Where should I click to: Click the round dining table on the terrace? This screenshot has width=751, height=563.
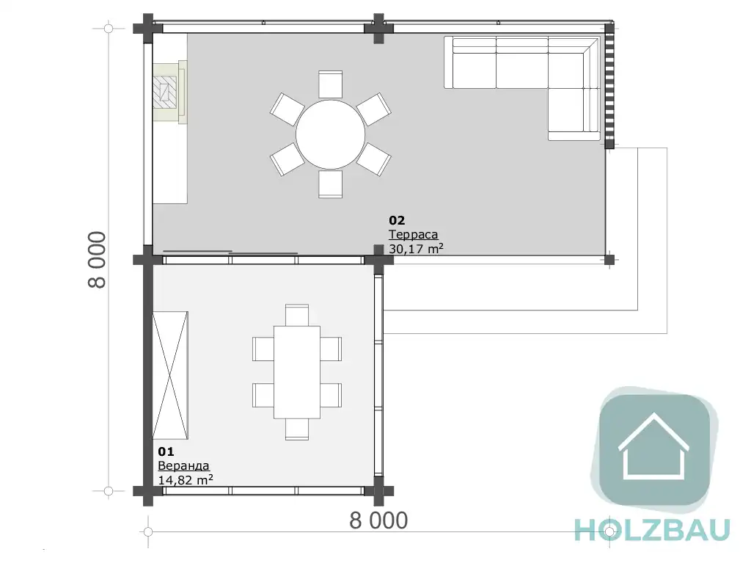click(x=331, y=134)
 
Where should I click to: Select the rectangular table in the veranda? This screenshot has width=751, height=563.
click(x=297, y=372)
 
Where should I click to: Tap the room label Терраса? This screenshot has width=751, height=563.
click(x=414, y=234)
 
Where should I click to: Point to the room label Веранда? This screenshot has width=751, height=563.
click(x=183, y=465)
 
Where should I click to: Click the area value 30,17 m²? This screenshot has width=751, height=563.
click(x=416, y=248)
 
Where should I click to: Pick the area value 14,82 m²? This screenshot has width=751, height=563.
click(x=186, y=479)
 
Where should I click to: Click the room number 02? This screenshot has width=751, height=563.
click(x=397, y=220)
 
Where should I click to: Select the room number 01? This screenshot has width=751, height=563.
click(x=166, y=451)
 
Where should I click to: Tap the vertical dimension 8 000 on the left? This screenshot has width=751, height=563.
click(x=97, y=259)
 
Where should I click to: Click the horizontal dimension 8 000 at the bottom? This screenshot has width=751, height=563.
click(x=378, y=520)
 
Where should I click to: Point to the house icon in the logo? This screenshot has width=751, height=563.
click(x=653, y=446)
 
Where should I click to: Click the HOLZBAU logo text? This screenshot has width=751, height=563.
click(x=652, y=530)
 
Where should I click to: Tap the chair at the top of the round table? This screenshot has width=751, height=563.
click(x=331, y=85)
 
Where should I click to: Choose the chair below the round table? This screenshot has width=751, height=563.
click(x=331, y=184)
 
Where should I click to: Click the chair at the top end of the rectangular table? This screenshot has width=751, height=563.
click(x=297, y=315)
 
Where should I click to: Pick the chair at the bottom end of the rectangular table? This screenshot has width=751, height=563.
click(x=297, y=429)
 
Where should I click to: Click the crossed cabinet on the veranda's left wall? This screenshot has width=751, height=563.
click(x=170, y=375)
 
